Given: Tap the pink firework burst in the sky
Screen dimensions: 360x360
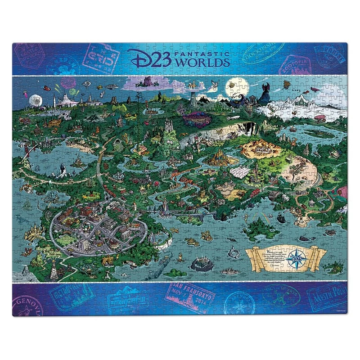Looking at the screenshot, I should click(x=68, y=82).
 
